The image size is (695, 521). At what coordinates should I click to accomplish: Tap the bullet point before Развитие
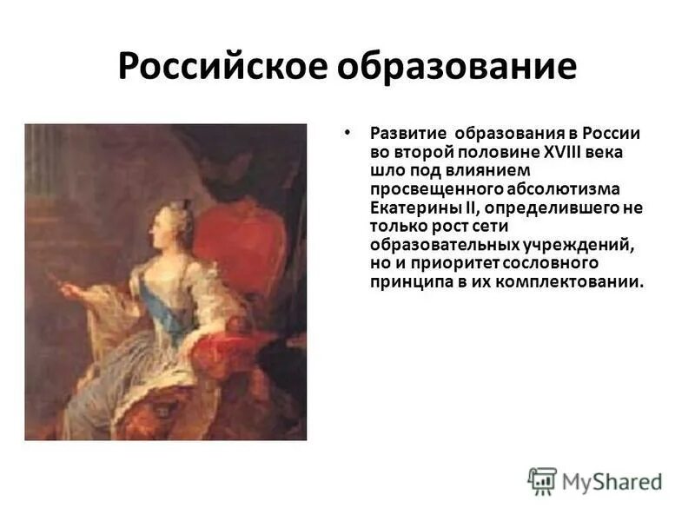347,132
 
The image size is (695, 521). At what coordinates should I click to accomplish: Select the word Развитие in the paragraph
408,134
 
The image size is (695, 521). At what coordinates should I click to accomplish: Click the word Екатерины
414,208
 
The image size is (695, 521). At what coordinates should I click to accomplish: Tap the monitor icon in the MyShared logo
543,480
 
